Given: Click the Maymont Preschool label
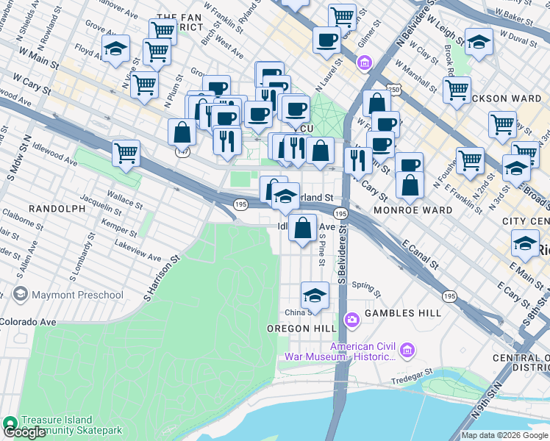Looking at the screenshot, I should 77,295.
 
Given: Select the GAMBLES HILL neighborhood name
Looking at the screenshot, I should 400,312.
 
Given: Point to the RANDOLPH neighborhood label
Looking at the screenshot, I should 57,209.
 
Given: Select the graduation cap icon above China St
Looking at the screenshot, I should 314,295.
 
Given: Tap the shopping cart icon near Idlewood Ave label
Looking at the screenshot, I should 126,154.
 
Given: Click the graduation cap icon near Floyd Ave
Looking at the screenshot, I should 115,49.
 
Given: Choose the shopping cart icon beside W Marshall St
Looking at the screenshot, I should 457,90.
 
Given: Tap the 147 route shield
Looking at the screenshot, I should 182,151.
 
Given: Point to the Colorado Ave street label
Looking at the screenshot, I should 28,322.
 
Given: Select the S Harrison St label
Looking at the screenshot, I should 162,278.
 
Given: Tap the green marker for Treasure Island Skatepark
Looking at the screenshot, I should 10,423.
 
